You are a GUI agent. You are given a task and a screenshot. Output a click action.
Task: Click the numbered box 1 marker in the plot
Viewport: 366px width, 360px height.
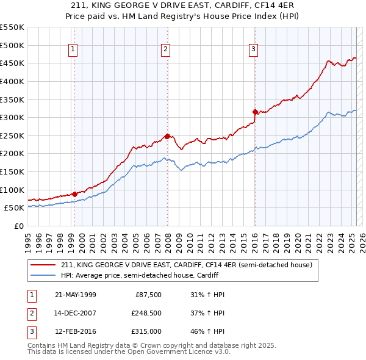tap(73, 50)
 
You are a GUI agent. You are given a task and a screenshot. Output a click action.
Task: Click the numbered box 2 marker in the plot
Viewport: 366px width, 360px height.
tap(165, 50)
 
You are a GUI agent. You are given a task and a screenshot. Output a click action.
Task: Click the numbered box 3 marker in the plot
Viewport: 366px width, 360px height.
tap(253, 50)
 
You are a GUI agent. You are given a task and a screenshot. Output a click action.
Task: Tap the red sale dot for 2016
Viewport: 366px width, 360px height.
tap(255, 112)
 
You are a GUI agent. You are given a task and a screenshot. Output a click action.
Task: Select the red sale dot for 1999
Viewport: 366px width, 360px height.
tap(75, 194)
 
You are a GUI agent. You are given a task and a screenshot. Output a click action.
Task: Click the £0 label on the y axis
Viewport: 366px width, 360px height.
tap(18, 226)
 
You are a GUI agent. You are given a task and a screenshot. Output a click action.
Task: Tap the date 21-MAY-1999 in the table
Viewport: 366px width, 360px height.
tap(76, 294)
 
